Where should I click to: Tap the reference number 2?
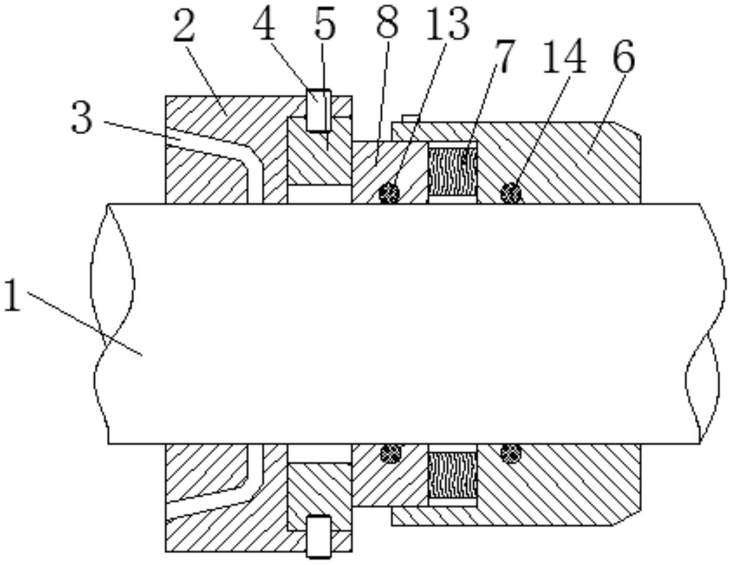coord(184,26)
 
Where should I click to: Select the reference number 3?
coord(81,118)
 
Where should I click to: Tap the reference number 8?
coord(388,22)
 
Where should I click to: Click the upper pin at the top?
coord(318,110)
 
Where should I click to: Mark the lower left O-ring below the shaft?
coord(391,454)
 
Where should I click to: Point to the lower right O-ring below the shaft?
coord(511,454)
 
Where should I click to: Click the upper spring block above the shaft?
coord(453,172)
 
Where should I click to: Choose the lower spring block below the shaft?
coord(453,475)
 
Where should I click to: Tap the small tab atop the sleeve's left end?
coord(410,119)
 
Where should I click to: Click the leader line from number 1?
coord(85,324)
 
